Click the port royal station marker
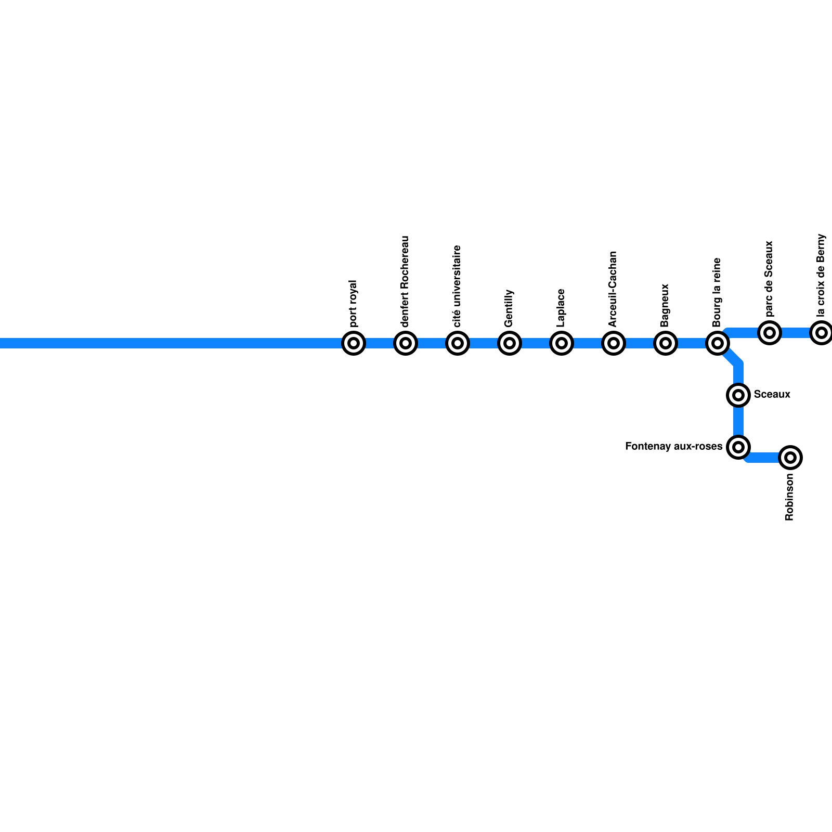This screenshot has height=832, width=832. pyautogui.click(x=354, y=343)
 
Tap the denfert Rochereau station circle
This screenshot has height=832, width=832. pyautogui.click(x=406, y=343)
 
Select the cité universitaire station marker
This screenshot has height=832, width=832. pyautogui.click(x=458, y=343)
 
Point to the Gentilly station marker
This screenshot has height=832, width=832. pyautogui.click(x=510, y=343)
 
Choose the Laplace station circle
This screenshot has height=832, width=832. pyautogui.click(x=562, y=343)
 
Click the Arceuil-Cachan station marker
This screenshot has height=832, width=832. pyautogui.click(x=614, y=343)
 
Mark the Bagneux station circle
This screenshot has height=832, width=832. pyautogui.click(x=666, y=343)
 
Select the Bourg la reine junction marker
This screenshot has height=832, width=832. pyautogui.click(x=718, y=343)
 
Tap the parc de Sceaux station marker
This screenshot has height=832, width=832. pyautogui.click(x=770, y=332)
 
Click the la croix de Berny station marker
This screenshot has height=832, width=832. pyautogui.click(x=822, y=332)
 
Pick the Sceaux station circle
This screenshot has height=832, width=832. pyautogui.click(x=738, y=395)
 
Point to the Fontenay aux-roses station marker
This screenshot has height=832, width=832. pyautogui.click(x=738, y=447)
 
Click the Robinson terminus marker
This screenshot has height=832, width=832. pyautogui.click(x=790, y=458)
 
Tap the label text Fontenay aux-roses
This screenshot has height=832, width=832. pyautogui.click(x=673, y=447)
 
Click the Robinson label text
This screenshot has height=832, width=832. pyautogui.click(x=789, y=497)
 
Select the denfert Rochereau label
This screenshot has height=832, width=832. pyautogui.click(x=405, y=281)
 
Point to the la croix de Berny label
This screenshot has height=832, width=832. pyautogui.click(x=821, y=276)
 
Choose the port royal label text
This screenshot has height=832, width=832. pyautogui.click(x=353, y=304)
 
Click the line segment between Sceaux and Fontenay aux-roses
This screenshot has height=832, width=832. pyautogui.click(x=738, y=421)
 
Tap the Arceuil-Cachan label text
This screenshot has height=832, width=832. pyautogui.click(x=613, y=289)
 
